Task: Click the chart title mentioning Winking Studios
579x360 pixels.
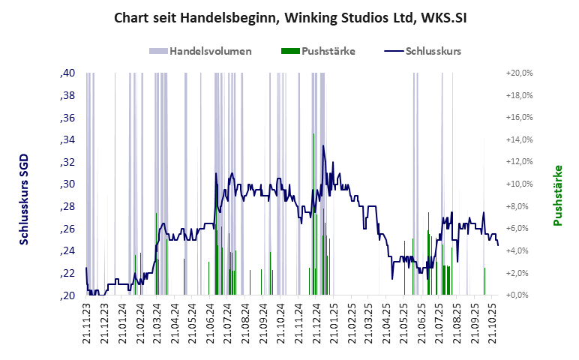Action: point(289,16)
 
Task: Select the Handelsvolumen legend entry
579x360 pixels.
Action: point(200,52)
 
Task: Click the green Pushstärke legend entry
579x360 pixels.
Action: point(318,52)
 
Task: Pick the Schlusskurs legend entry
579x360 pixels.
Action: point(422,52)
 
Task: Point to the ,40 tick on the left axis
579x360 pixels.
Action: point(67,73)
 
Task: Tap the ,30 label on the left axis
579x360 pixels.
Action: point(67,184)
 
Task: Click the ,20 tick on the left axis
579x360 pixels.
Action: point(67,295)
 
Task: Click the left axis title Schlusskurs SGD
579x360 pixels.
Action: point(24,200)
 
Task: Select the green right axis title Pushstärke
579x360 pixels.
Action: point(557,196)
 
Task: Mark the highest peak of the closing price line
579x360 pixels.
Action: point(323,146)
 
